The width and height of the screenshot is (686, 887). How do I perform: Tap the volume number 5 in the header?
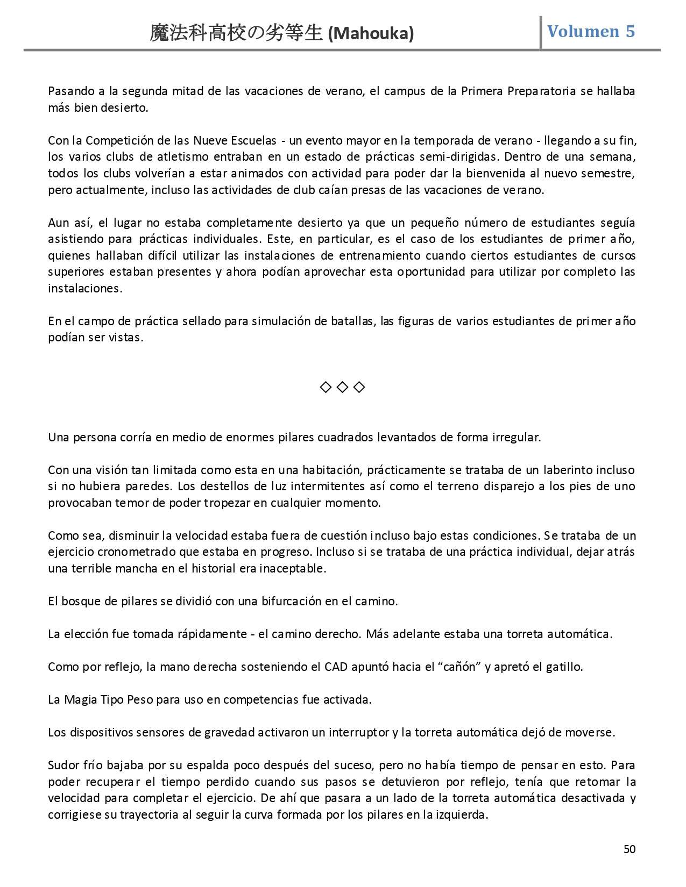[630, 31]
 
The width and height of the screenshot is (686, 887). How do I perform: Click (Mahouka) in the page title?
[371, 34]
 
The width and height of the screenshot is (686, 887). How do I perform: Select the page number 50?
[629, 849]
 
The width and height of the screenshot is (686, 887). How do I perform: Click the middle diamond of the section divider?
[342, 387]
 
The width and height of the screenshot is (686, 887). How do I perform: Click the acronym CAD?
[336, 667]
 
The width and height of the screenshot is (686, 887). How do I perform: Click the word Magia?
[80, 699]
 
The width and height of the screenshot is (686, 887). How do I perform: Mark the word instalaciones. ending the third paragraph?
[85, 288]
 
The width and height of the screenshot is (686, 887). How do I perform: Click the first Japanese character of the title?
[159, 34]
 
